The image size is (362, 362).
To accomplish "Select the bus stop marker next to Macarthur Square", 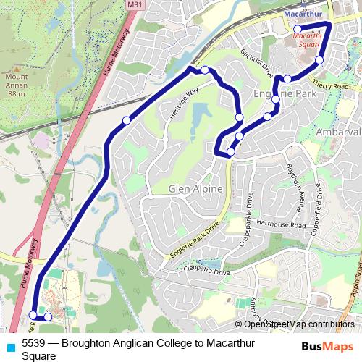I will point(298,29).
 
